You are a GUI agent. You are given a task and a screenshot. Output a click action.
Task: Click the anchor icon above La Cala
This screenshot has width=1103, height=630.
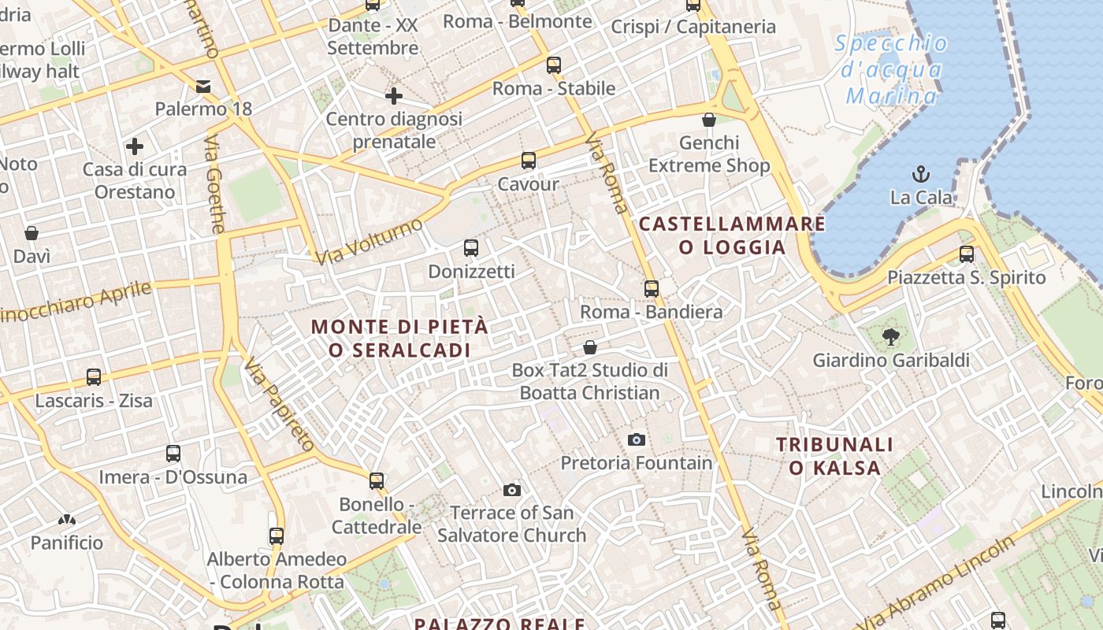point(920,173)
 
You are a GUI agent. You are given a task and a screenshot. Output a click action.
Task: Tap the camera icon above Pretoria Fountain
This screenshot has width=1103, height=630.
point(637,439)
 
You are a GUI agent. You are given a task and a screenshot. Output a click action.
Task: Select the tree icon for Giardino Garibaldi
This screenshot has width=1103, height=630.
point(891,337)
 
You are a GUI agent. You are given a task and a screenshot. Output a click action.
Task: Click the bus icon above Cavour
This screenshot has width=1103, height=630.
point(529,161)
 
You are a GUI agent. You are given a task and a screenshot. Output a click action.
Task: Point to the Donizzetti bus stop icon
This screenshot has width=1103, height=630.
point(471,248)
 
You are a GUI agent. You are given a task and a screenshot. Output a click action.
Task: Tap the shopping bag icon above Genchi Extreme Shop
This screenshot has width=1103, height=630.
point(709,120)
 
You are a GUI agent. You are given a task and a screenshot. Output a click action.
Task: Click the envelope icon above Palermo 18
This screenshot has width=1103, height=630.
point(203,86)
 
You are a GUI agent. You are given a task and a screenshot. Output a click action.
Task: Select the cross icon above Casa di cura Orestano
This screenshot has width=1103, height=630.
point(135,146)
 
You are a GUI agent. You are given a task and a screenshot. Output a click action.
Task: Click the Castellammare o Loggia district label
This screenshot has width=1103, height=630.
point(732,235)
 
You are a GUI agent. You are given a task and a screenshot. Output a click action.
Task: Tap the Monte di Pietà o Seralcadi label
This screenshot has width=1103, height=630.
point(400,338)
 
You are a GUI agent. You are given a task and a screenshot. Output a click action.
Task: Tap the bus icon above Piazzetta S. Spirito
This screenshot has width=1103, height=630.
point(967,254)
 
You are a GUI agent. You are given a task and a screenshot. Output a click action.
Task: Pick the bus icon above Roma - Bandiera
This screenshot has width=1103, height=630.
point(651,289)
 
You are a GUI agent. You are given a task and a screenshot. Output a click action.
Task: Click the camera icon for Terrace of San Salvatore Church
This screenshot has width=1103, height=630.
point(512,490)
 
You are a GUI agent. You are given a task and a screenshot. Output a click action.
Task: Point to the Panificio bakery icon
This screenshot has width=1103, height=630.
point(67,520)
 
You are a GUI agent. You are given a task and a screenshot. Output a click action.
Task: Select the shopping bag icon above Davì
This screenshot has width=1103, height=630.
point(32,233)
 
